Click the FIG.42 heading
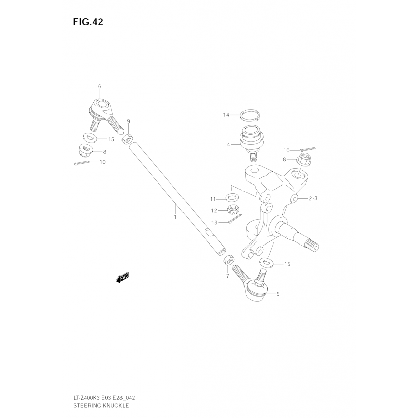[x=88, y=22]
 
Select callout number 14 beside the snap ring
[x=226, y=115]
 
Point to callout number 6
[x=100, y=86]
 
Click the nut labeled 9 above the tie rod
[x=128, y=138]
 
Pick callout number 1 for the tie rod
[x=175, y=217]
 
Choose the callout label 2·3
[x=313, y=199]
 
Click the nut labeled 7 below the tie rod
[x=229, y=261]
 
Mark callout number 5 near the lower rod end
[x=278, y=294]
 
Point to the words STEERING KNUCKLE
[x=101, y=406]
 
